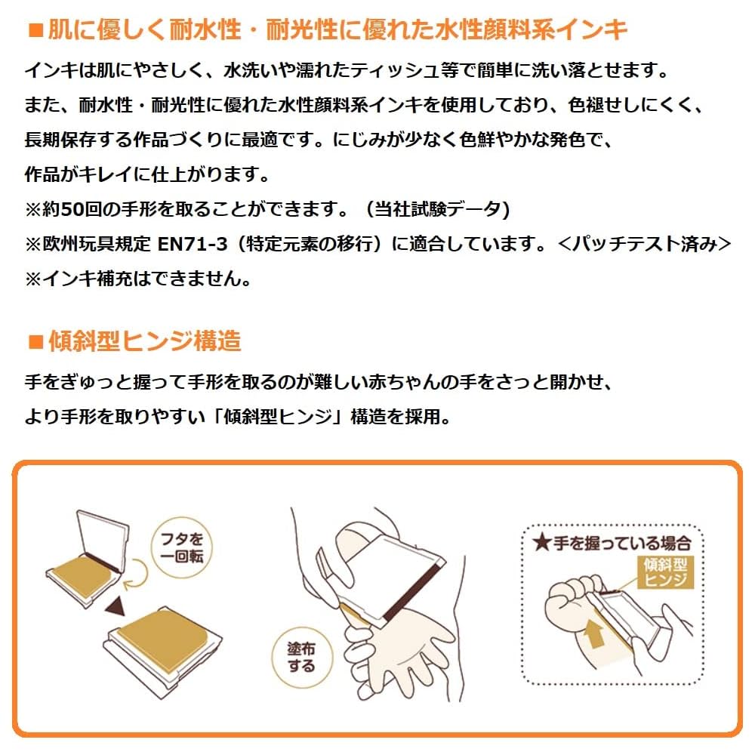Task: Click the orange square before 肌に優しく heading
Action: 36,30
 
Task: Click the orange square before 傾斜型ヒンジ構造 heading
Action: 36,342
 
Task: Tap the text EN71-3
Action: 192,244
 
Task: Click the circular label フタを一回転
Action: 182,547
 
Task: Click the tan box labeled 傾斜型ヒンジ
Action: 665,572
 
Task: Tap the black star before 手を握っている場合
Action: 541,543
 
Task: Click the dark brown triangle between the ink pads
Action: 116,606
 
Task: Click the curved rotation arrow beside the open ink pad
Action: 136,575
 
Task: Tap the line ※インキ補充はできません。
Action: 139,279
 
